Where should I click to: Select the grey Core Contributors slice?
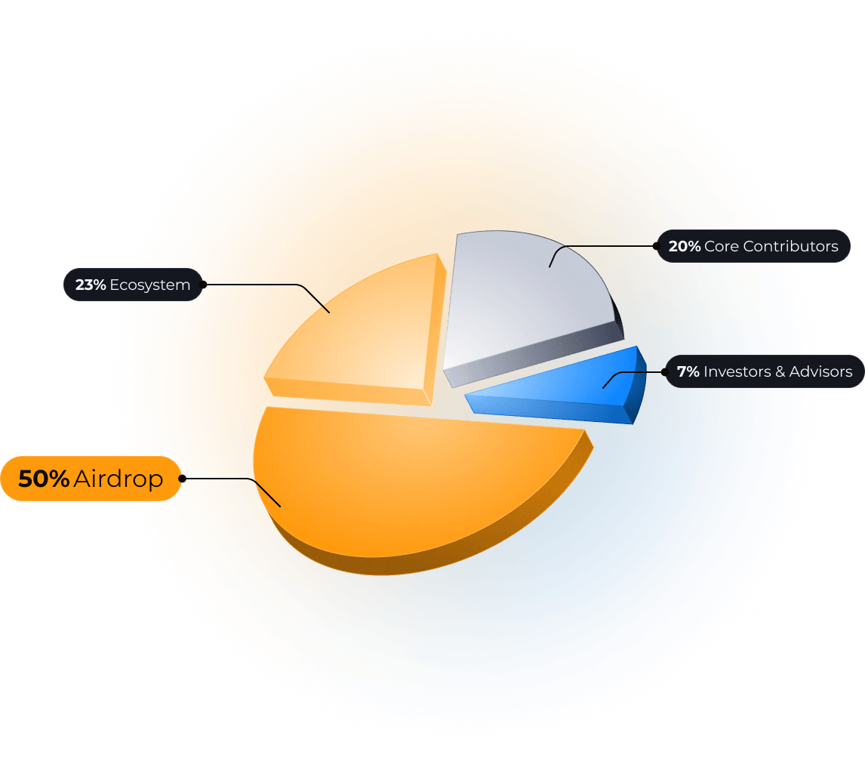[521, 302]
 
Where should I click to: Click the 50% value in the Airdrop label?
[44, 479]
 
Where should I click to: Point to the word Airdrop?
[119, 479]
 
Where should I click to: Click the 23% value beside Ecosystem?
[91, 285]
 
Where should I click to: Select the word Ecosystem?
[149, 285]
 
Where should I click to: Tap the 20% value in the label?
[685, 246]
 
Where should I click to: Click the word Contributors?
[790, 246]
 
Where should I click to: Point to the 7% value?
[688, 371]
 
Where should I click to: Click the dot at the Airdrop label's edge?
[183, 478]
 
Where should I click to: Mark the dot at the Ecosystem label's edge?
[203, 285]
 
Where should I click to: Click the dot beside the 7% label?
[664, 371]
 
